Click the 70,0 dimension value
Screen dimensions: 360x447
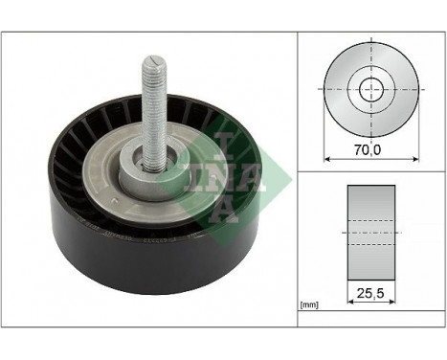(369, 150)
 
